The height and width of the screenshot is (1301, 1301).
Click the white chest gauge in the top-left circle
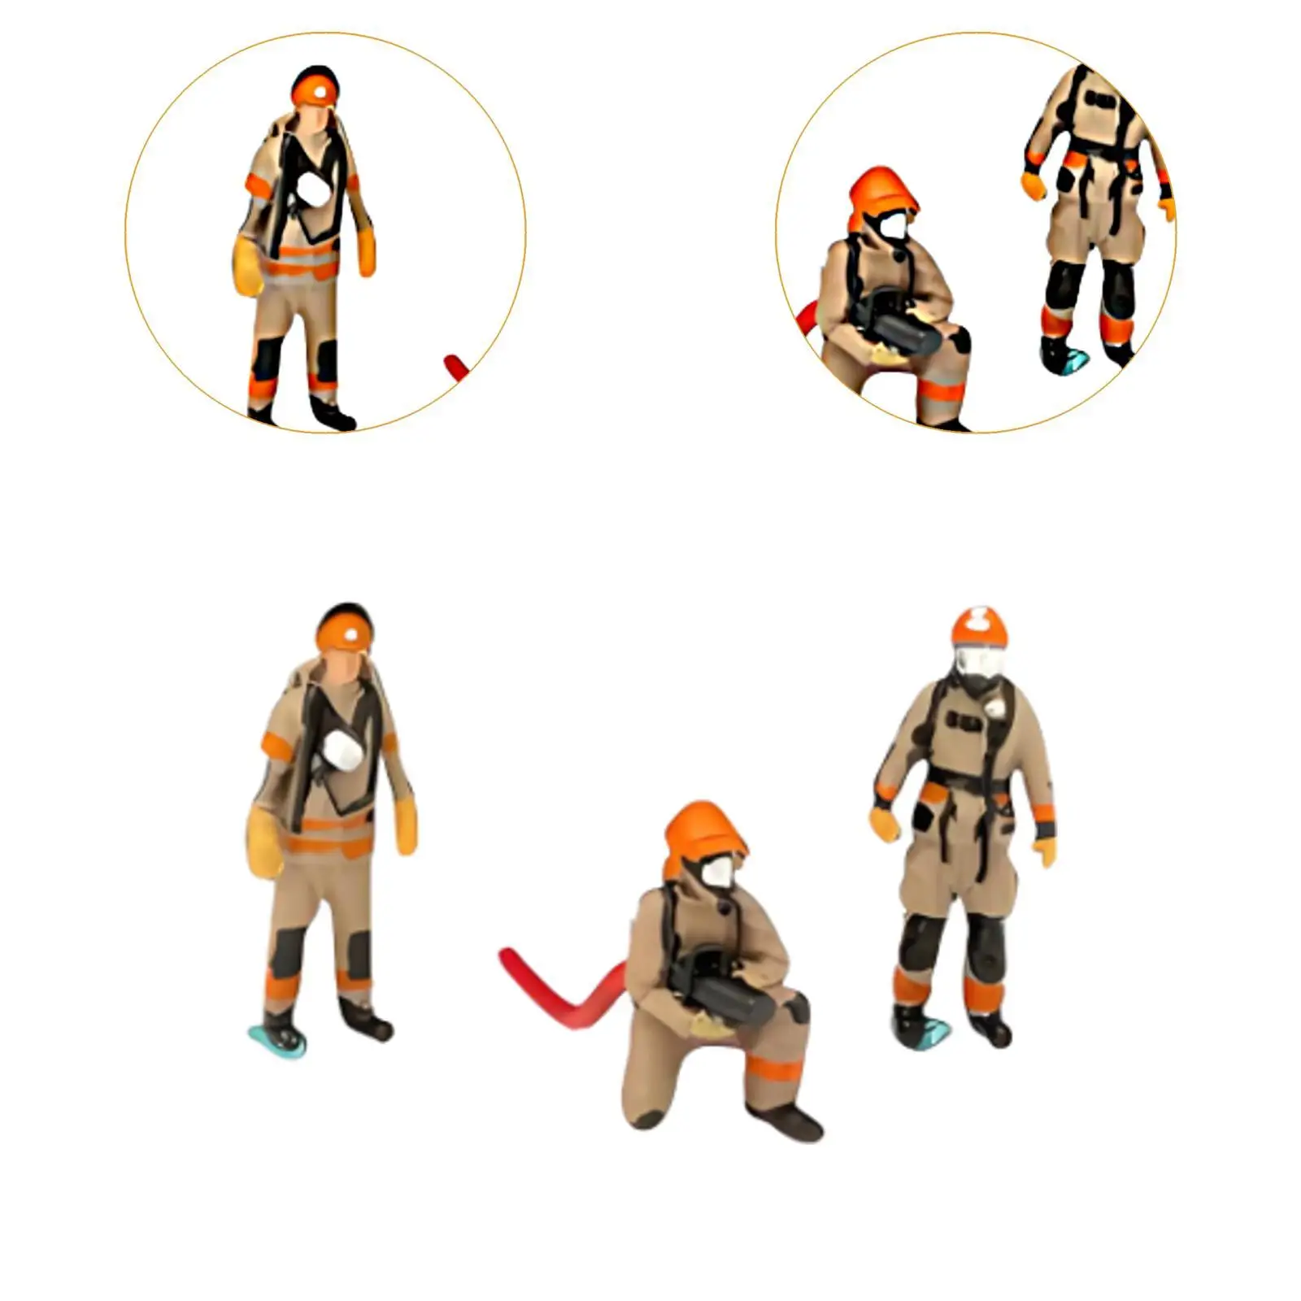click(x=311, y=190)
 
